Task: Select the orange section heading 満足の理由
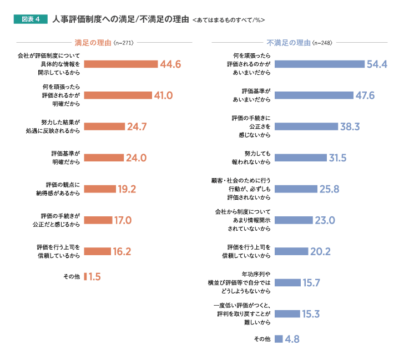pyautogui.click(x=93, y=42)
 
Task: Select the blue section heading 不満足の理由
pyautogui.click(x=288, y=42)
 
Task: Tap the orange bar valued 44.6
pyautogui.click(x=120, y=64)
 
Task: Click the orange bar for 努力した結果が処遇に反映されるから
pyautogui.click(x=104, y=126)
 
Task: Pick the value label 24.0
pyautogui.click(x=136, y=158)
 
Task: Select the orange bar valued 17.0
pyautogui.click(x=98, y=220)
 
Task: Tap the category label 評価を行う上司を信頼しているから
pyautogui.click(x=58, y=251)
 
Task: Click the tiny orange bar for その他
pyautogui.click(x=85, y=276)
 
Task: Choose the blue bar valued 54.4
pyautogui.click(x=319, y=64)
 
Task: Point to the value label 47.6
pyautogui.click(x=365, y=95)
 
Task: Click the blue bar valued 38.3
pyautogui.click(x=306, y=126)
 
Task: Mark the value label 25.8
pyautogui.click(x=329, y=189)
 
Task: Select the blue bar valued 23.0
pyautogui.click(x=294, y=220)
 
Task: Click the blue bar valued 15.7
pyautogui.click(x=287, y=283)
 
